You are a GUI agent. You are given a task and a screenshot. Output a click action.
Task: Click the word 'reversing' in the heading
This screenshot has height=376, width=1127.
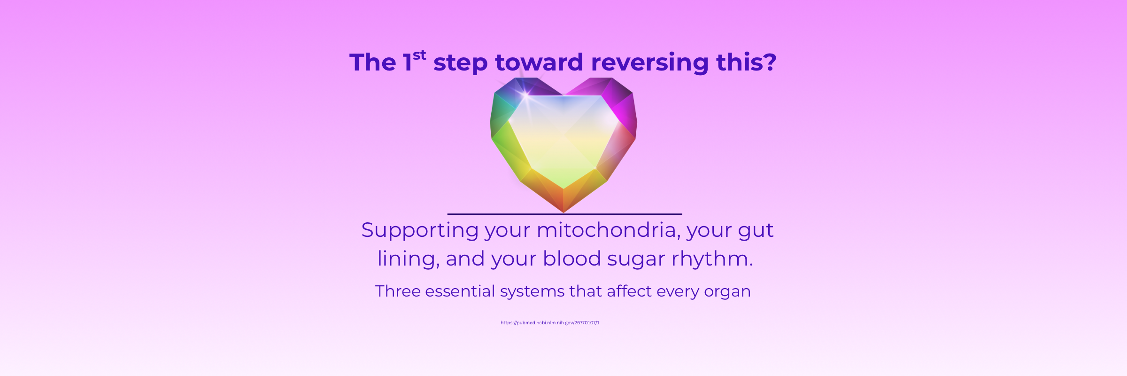tap(650, 63)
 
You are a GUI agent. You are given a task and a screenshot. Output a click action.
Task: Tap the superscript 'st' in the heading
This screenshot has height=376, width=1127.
tap(419, 55)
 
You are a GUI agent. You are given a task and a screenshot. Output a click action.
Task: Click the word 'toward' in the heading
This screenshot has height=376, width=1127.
tap(539, 62)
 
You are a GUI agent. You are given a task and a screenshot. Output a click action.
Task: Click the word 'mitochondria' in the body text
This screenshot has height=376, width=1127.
tap(608, 230)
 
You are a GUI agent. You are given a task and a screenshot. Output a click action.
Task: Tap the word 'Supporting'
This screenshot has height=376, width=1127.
tap(420, 231)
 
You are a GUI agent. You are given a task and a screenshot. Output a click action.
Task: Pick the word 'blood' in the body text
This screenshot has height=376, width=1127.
tap(572, 258)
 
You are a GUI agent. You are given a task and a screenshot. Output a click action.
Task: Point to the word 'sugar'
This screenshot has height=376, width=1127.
tap(636, 260)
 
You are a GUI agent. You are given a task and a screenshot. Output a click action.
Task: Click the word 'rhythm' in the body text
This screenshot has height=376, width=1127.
tap(710, 259)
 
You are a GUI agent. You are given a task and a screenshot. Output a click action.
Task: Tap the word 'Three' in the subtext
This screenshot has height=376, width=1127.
tap(398, 291)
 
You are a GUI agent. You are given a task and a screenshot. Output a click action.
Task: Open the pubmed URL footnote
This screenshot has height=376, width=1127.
tap(550, 323)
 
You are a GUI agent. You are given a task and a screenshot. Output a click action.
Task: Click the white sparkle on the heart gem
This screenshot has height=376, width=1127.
tap(526, 94)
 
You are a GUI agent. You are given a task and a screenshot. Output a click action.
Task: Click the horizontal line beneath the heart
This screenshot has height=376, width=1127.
tap(564, 214)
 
